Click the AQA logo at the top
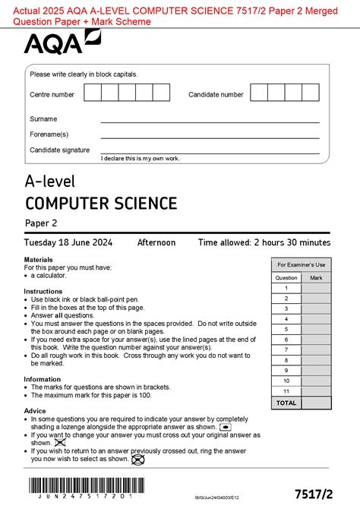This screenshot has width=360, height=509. click(62, 44)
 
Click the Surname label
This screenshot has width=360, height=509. click(43, 119)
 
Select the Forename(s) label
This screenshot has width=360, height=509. click(49, 134)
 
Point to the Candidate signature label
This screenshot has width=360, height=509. click(59, 150)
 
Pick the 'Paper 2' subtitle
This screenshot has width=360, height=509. click(41, 223)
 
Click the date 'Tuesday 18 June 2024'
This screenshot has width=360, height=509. click(68, 243)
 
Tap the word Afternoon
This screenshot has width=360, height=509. click(156, 243)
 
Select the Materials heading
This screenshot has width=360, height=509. click(39, 260)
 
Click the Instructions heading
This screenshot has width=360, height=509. click(43, 291)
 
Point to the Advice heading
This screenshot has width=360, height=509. click(35, 410)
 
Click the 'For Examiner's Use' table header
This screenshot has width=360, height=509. click(301, 264)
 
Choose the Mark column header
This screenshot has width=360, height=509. click(316, 277)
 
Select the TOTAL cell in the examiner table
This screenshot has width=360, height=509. click(286, 403)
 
